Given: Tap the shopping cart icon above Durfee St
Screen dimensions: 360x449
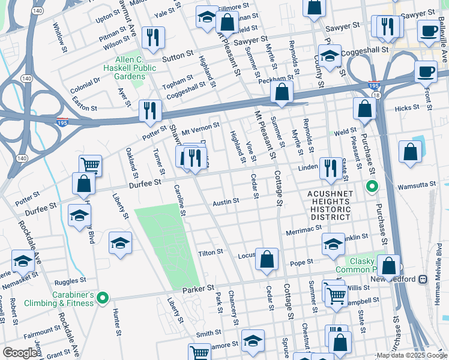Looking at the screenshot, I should click(x=90, y=165).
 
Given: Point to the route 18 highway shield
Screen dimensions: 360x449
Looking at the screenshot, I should click(x=376, y=95).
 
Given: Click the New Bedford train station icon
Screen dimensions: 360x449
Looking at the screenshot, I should click(x=423, y=279).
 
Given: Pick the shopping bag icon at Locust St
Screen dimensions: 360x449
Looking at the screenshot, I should click(x=267, y=259).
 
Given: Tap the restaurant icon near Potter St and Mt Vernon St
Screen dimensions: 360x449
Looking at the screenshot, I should click(x=150, y=110).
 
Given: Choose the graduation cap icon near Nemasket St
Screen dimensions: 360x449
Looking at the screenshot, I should click(x=23, y=261).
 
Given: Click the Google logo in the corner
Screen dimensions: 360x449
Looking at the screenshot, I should click(x=20, y=353).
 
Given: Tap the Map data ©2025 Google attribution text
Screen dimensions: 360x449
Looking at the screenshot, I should click(x=411, y=355).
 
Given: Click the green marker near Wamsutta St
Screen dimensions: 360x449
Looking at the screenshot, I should click(x=372, y=187).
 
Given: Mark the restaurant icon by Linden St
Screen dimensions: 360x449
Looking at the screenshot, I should click(x=328, y=168).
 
